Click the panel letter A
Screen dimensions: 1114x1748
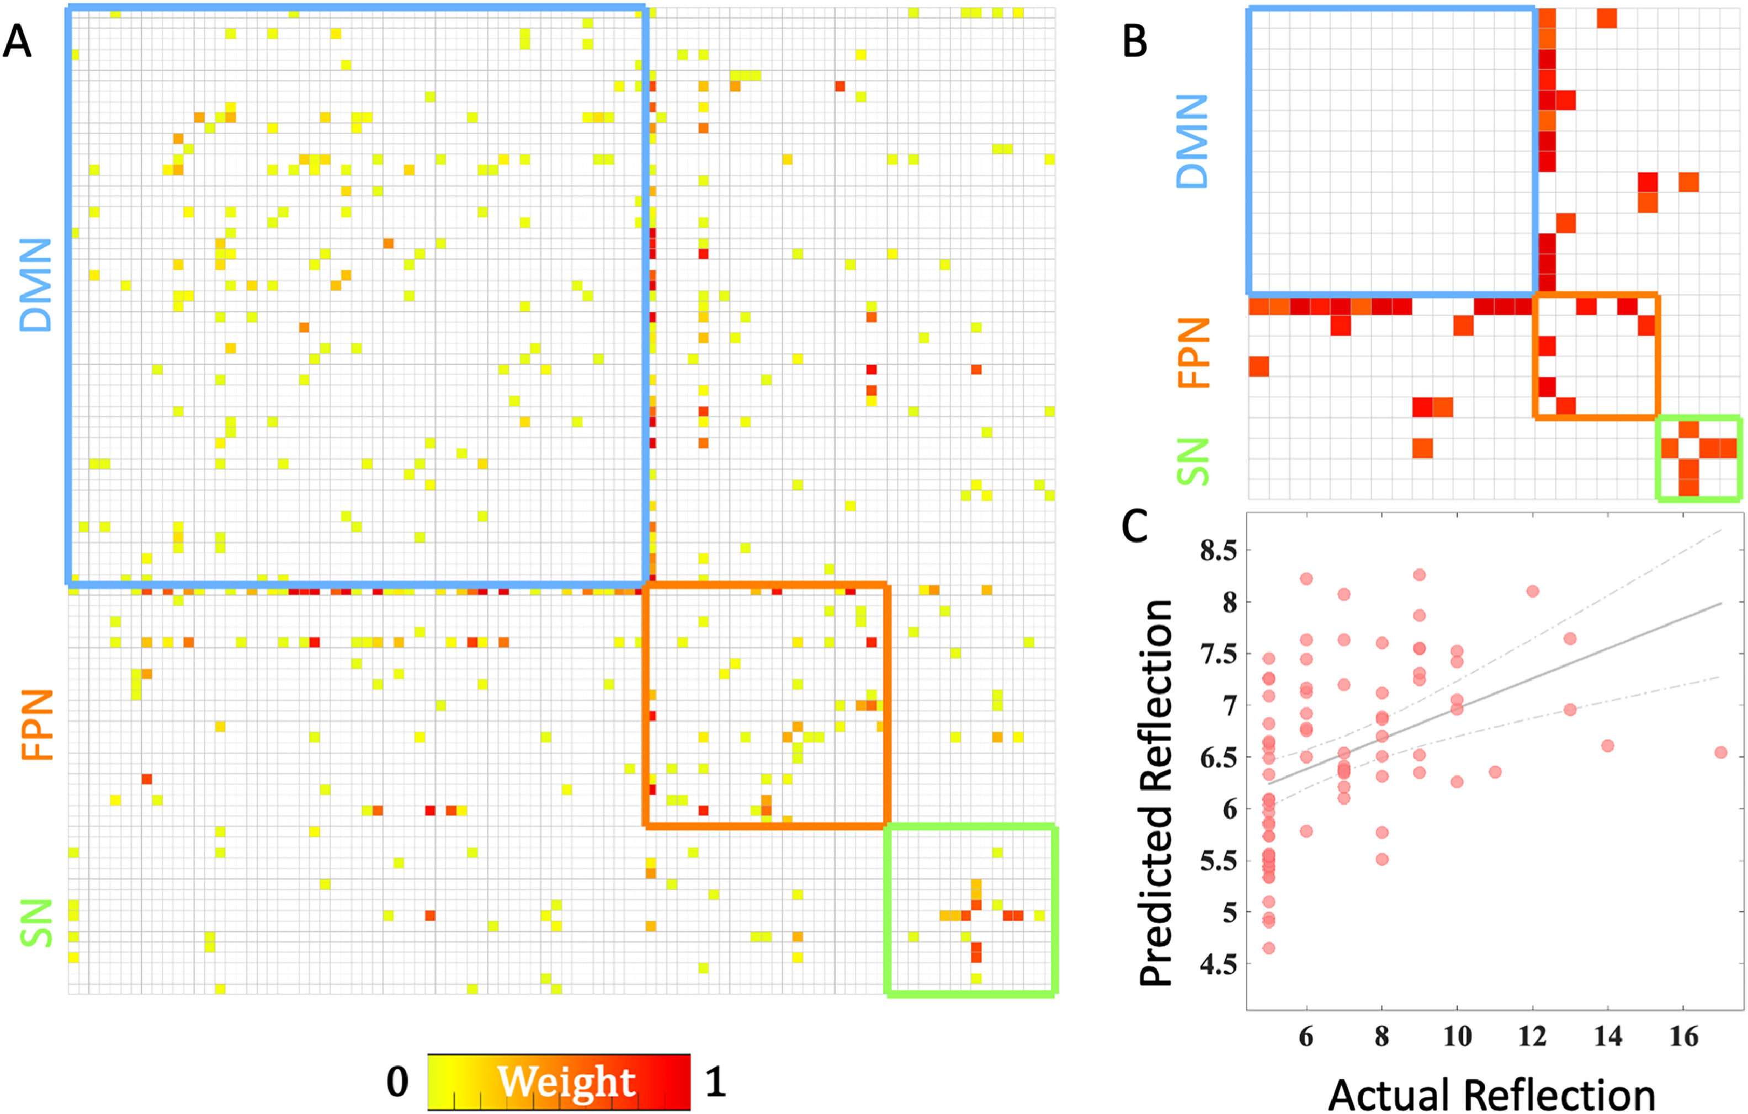pyautogui.click(x=18, y=41)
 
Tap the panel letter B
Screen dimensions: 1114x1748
pyautogui.click(x=1135, y=41)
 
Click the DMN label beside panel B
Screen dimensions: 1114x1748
pyautogui.click(x=1192, y=141)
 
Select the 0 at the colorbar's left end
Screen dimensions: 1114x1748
pyautogui.click(x=397, y=1082)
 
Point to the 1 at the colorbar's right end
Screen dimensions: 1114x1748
pyautogui.click(x=715, y=1082)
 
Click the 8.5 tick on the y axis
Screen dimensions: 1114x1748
pyautogui.click(x=1218, y=551)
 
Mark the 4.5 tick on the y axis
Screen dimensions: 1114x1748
pyautogui.click(x=1218, y=964)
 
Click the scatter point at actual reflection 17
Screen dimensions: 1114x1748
pyautogui.click(x=1721, y=753)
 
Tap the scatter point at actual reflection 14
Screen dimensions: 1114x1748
pyautogui.click(x=1608, y=745)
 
